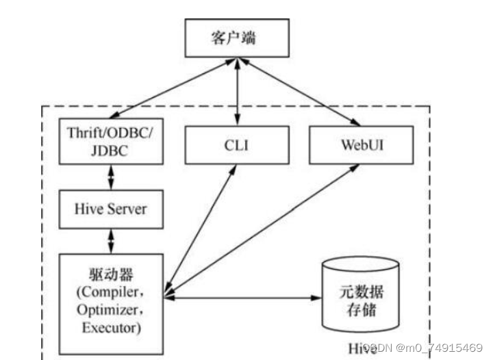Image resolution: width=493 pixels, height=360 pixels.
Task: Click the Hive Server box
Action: pyautogui.click(x=111, y=208)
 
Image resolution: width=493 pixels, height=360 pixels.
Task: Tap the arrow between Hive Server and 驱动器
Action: pyautogui.click(x=111, y=240)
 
